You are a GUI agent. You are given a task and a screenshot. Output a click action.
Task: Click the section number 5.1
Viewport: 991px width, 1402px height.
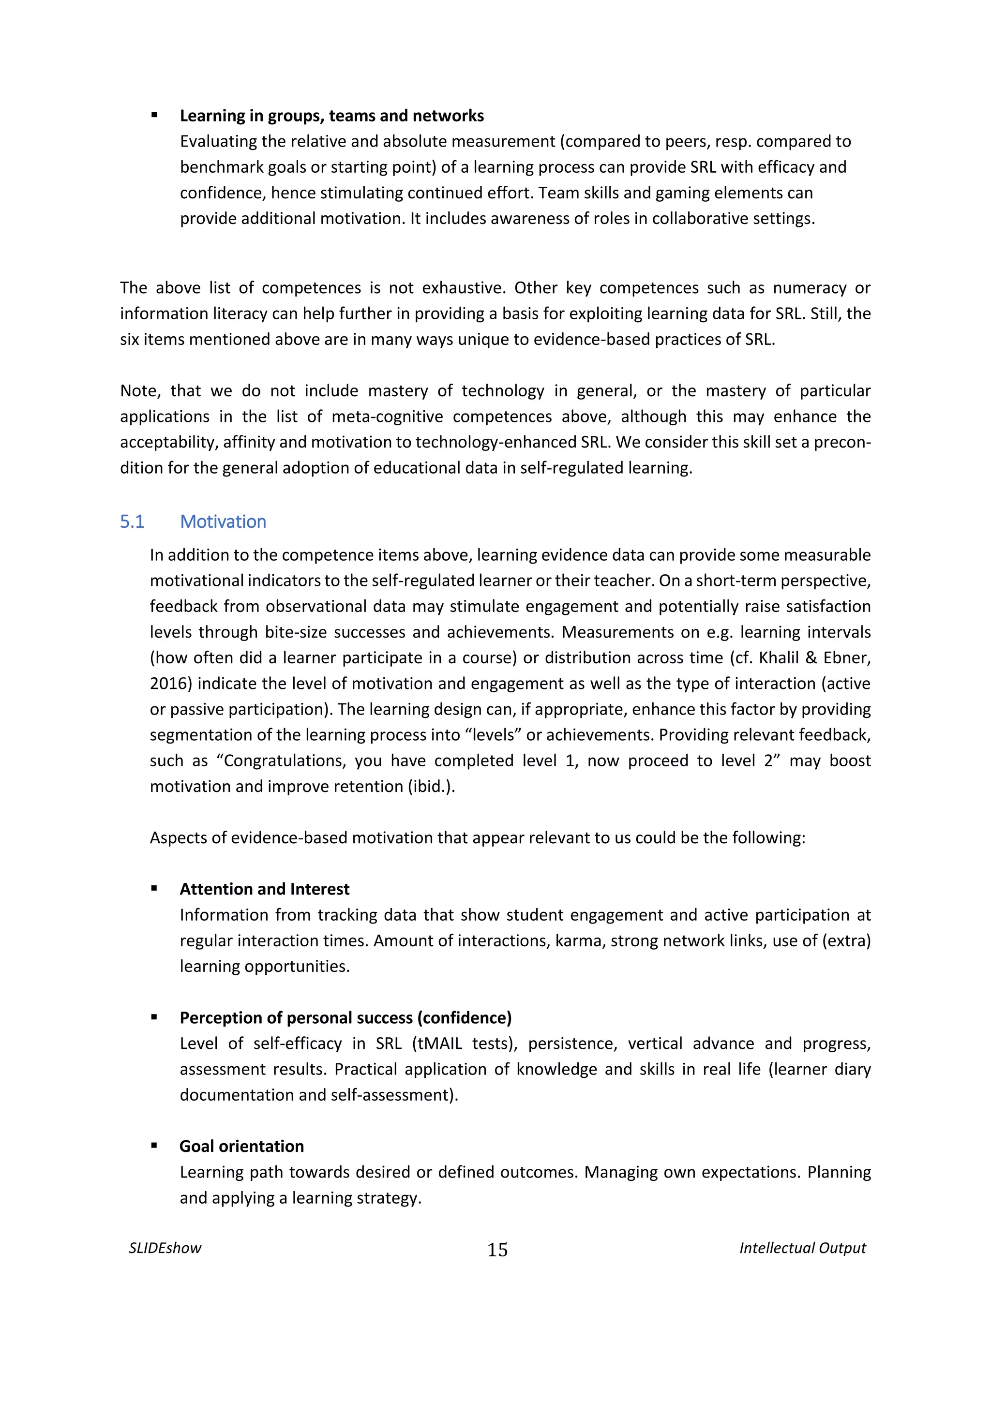132,522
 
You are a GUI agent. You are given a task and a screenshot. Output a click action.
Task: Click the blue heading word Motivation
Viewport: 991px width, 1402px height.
223,522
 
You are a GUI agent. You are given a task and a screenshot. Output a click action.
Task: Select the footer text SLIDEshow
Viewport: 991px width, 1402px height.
165,1248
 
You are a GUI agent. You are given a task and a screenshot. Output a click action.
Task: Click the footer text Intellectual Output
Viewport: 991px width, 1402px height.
802,1248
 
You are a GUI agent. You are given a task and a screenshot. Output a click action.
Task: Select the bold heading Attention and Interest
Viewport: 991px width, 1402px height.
264,889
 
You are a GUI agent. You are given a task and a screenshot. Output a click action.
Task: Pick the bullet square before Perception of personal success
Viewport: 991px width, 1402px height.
154,1017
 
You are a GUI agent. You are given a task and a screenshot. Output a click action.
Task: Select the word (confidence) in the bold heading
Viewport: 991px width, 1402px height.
465,1018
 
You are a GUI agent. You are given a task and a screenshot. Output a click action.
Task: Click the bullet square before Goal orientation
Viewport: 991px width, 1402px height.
154,1146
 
